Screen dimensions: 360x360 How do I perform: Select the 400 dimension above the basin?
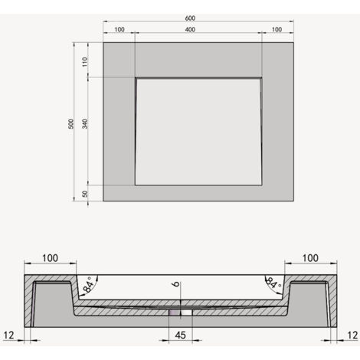pyautogui.click(x=198, y=30)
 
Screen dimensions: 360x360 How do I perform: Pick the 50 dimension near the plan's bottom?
pyautogui.click(x=85, y=195)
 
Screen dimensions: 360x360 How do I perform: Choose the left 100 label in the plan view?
pyautogui.click(x=119, y=30)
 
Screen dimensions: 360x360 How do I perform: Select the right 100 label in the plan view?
pyautogui.click(x=277, y=30)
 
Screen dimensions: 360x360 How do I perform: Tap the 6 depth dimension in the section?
pyautogui.click(x=175, y=286)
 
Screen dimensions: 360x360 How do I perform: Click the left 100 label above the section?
pyautogui.click(x=50, y=258)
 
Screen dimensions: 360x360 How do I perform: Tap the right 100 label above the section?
pyautogui.click(x=310, y=258)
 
